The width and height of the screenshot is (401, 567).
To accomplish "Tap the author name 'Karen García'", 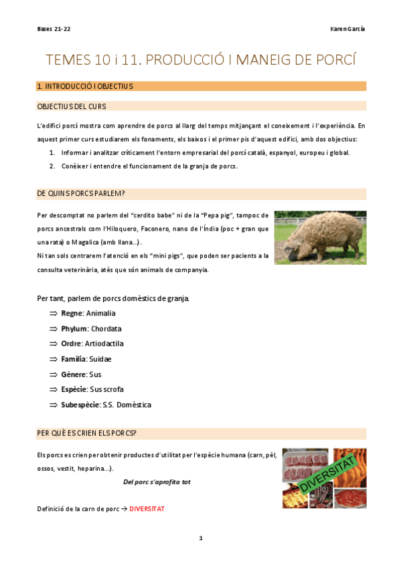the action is pos(348,29).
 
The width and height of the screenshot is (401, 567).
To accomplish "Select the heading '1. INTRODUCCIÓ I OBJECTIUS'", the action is pos(85,86).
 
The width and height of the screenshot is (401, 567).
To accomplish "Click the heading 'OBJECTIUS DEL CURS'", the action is pos(72,106).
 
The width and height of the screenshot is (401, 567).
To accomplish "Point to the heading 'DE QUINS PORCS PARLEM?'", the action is pos(82,194).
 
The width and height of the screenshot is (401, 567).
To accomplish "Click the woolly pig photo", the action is pos(320,237).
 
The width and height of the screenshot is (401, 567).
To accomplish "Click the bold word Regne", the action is pos(71,313).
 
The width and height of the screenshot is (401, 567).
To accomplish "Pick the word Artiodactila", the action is pos(104,344).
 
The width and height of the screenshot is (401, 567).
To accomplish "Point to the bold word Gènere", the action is pos(73,374).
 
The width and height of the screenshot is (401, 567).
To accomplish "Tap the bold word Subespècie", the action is pos(80,405).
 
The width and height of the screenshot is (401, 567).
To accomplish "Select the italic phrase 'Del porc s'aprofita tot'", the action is pos(157,481).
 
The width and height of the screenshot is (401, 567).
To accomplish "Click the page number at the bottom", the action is pos(200,538).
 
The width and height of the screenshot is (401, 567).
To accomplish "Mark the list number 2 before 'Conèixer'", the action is pos(52,166).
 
